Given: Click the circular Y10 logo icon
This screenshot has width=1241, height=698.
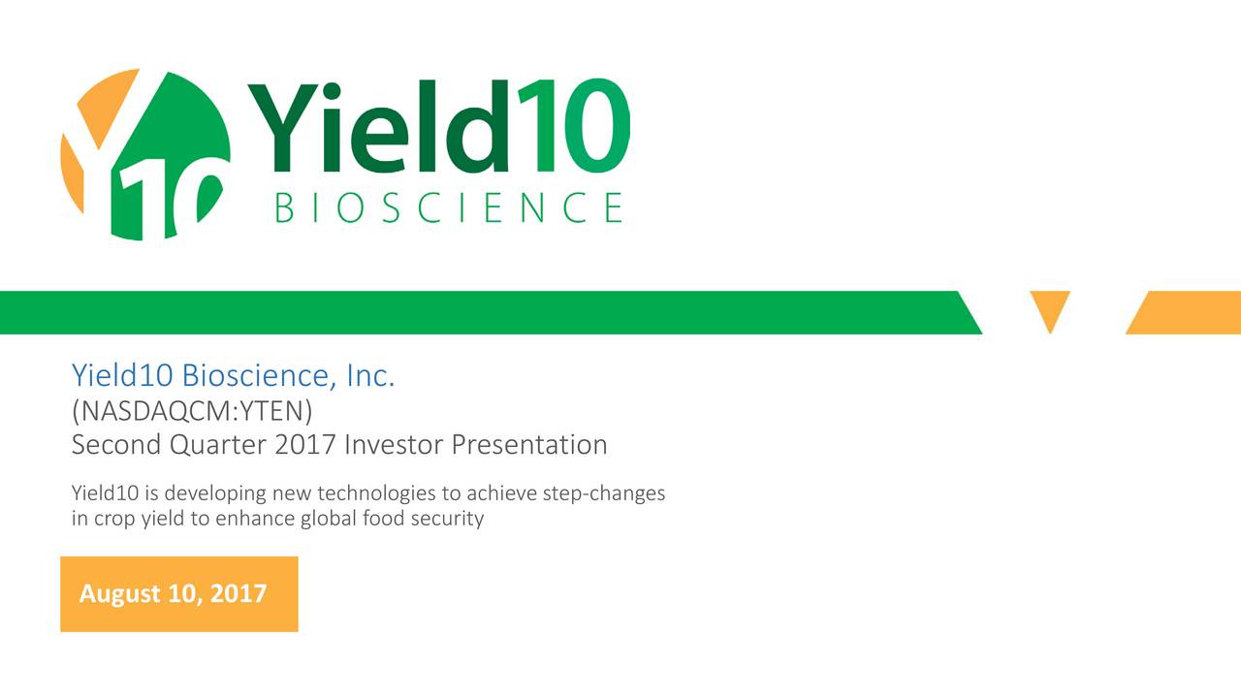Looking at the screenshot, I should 145,155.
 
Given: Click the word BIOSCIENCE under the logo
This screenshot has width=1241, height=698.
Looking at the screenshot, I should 449,207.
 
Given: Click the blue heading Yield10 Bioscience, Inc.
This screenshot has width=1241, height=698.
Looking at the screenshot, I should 234,375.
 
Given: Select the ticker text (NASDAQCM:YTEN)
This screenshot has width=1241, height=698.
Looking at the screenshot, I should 192,411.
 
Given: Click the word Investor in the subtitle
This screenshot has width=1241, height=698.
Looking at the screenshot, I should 394,445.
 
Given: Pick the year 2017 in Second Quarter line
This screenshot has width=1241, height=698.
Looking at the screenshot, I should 305,445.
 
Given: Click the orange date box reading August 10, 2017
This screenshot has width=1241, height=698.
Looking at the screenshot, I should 179,594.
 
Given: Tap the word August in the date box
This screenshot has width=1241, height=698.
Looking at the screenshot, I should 119,594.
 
